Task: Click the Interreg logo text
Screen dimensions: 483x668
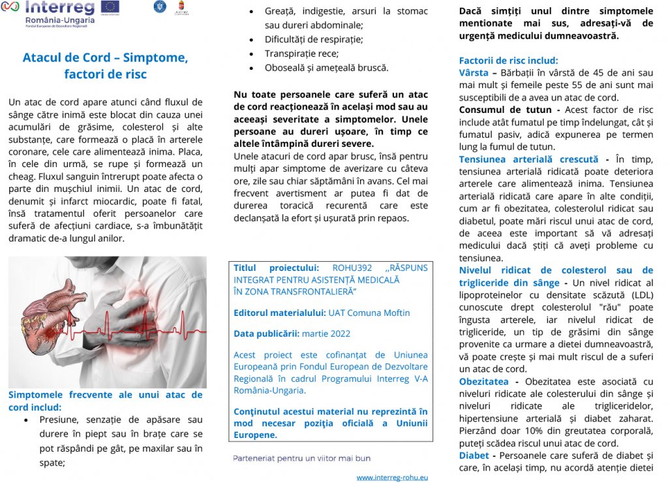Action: [x=59, y=8]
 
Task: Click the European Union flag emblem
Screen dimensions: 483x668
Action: [x=110, y=7]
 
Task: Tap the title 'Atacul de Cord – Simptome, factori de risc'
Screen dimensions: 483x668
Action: [x=105, y=65]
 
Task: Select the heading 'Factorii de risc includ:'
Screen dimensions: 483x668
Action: [x=508, y=60]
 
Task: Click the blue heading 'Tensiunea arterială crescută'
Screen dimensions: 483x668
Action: [x=528, y=159]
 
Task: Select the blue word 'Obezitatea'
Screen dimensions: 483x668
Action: [x=483, y=381]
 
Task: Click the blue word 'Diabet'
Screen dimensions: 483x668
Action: [x=474, y=455]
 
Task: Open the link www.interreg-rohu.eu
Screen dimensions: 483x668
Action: [x=391, y=477]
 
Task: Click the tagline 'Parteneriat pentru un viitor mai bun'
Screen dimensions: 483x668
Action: [x=301, y=458]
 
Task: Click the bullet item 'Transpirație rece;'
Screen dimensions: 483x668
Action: [x=301, y=54]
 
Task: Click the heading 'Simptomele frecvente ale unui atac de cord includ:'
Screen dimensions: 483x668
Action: [x=105, y=401]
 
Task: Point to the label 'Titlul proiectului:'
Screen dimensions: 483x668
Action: [x=276, y=268]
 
